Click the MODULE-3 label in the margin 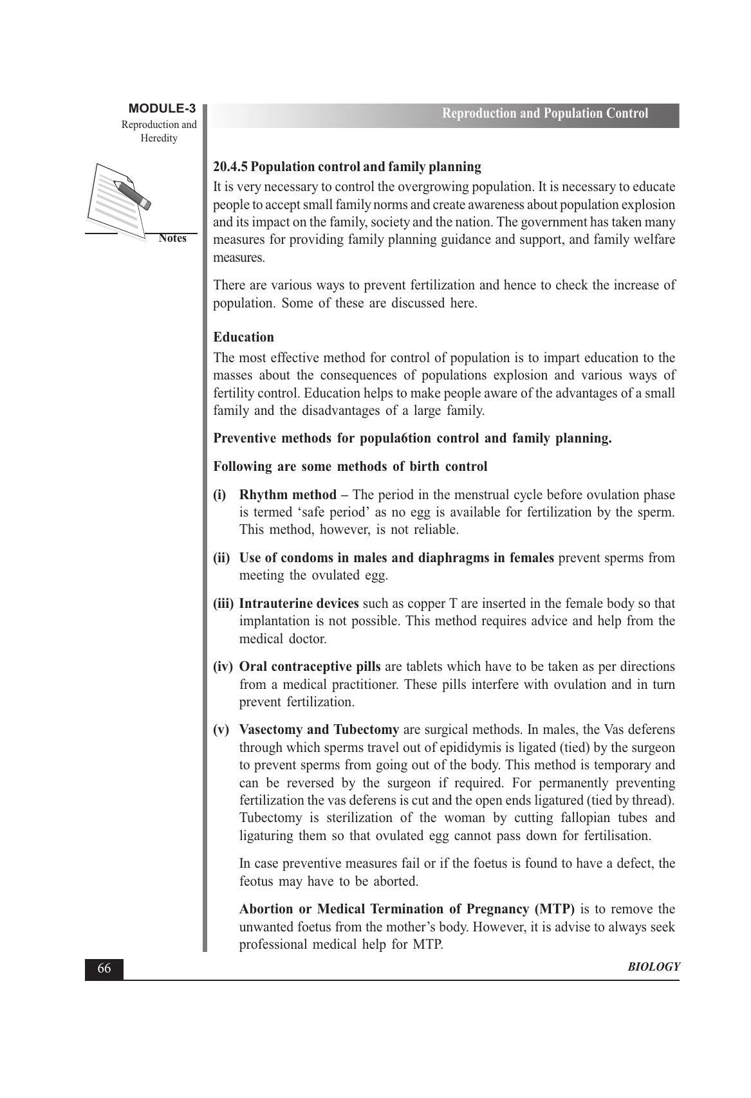[x=162, y=108]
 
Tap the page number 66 [x=104, y=969]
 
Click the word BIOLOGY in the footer [x=654, y=967]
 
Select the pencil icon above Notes [x=132, y=194]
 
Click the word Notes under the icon [x=172, y=238]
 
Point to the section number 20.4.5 [x=230, y=167]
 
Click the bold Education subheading [x=243, y=338]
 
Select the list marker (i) [x=220, y=495]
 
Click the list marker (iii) [x=223, y=604]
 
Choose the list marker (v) [x=221, y=730]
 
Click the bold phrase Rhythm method [x=288, y=495]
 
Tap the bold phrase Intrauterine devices [x=299, y=604]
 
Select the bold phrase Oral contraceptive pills [x=310, y=667]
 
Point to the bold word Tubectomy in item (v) [x=366, y=730]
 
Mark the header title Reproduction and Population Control [x=544, y=114]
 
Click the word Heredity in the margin [x=159, y=138]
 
